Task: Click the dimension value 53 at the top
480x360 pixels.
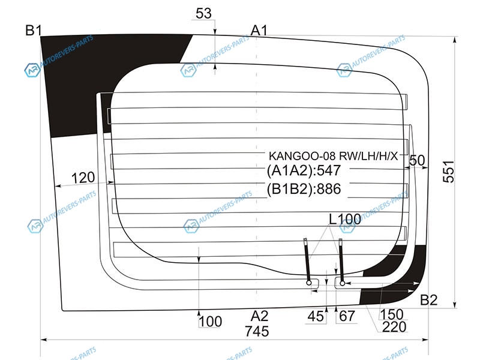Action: (x=204, y=13)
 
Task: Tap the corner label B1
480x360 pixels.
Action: (x=32, y=29)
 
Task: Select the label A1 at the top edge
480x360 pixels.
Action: (x=259, y=29)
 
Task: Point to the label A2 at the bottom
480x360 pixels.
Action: (x=259, y=316)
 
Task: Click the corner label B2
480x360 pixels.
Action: (x=428, y=301)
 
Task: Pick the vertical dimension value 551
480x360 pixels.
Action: (x=458, y=171)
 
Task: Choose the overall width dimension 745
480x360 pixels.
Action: (x=257, y=331)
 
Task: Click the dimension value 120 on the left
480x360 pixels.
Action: (x=83, y=178)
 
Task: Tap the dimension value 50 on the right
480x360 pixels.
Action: (x=417, y=160)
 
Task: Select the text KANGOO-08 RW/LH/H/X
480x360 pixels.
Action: (x=332, y=156)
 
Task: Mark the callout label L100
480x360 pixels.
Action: (x=344, y=220)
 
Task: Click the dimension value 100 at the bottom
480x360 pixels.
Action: (x=210, y=322)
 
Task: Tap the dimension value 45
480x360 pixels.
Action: (x=315, y=317)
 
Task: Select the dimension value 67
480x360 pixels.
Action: (x=347, y=317)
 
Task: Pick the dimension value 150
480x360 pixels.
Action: (x=391, y=314)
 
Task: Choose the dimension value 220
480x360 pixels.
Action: (x=394, y=327)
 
